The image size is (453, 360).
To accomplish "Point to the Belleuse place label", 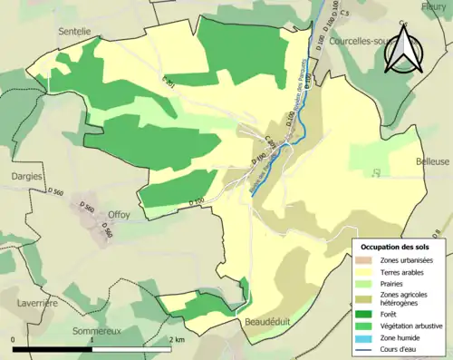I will [x=431, y=161].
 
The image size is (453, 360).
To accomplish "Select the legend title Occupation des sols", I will [x=395, y=246].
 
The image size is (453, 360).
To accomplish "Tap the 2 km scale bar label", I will [x=177, y=339].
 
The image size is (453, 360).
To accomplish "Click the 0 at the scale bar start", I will [x=14, y=339].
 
